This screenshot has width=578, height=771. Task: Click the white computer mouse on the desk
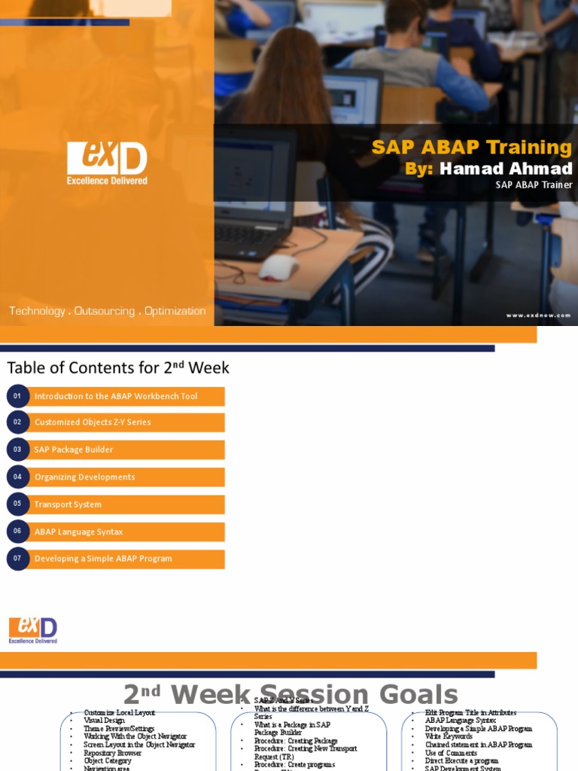278,267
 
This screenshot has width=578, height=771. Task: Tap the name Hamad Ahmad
505,169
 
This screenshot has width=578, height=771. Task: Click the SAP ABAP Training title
472,147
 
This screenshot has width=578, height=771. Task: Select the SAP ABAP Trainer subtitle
534,185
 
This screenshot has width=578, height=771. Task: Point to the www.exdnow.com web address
538,315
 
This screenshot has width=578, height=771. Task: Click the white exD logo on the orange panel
107,163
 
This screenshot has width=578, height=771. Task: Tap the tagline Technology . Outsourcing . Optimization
107,311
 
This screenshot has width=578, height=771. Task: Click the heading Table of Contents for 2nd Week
118,368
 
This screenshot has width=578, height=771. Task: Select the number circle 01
17,396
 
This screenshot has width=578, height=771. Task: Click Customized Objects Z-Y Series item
93,422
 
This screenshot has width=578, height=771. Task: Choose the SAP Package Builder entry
74,449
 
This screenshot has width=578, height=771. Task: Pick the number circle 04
17,477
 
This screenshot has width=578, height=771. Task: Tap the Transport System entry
68,504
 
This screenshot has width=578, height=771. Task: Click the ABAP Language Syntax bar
79,532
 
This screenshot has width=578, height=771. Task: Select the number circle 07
17,559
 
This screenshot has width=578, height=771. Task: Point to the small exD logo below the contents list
33,630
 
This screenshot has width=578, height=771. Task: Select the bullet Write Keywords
449,736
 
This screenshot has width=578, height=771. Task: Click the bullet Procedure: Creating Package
296,741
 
